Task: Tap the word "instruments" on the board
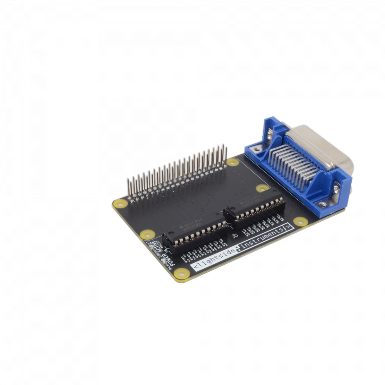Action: pyautogui.click(x=261, y=238)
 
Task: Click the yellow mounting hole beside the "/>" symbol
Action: pyautogui.click(x=300, y=221)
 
